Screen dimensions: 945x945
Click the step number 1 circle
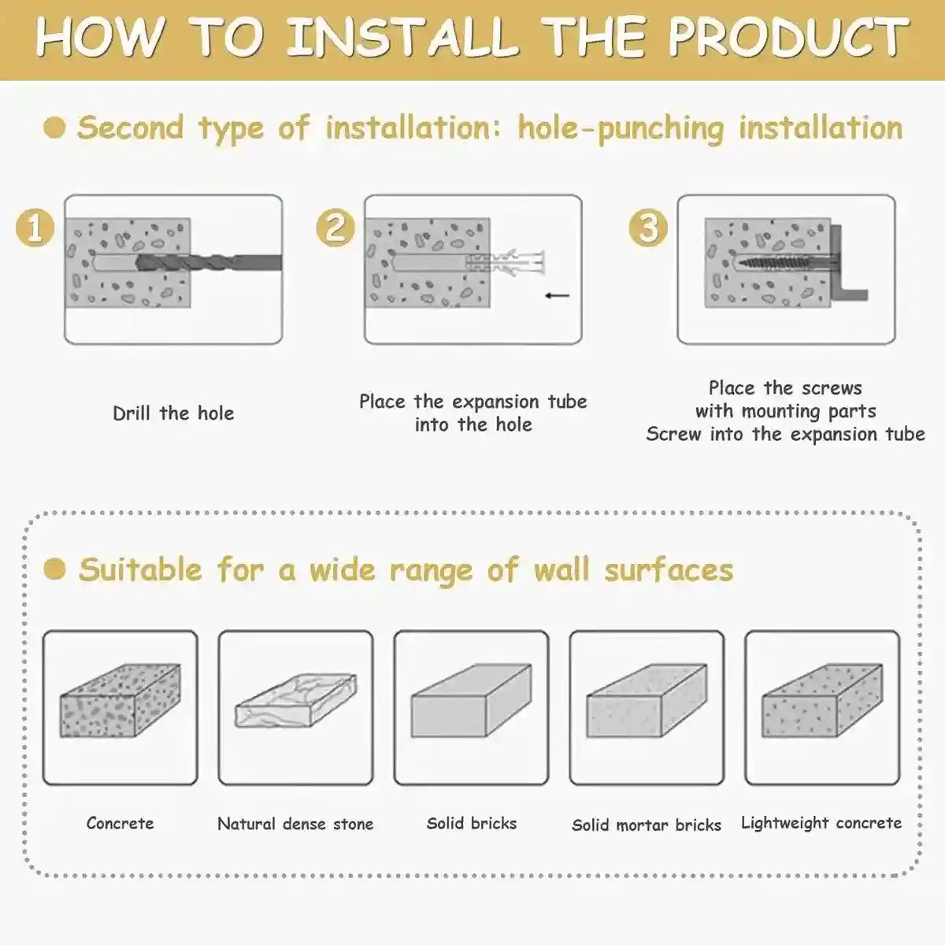[x=35, y=228]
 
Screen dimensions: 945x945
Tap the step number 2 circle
[x=335, y=228]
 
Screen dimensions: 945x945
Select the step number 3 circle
[x=648, y=228]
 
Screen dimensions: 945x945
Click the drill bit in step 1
[x=209, y=262]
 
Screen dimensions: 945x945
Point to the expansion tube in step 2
[x=505, y=263]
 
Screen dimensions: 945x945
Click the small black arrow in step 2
[x=558, y=295]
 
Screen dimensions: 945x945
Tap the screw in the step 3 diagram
[x=784, y=263]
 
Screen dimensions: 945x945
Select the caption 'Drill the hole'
[x=173, y=413]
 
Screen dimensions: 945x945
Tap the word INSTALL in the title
[x=402, y=37]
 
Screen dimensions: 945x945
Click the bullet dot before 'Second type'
[x=54, y=128]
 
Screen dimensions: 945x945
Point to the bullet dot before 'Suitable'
[x=54, y=569]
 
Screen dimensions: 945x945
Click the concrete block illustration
[x=120, y=702]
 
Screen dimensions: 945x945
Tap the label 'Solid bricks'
[x=472, y=824]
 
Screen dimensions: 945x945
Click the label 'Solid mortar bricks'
[x=647, y=825]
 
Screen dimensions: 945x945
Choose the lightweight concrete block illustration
[x=822, y=702]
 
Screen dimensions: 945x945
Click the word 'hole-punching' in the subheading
[x=621, y=128]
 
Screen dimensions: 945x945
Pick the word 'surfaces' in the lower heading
[x=669, y=570]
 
